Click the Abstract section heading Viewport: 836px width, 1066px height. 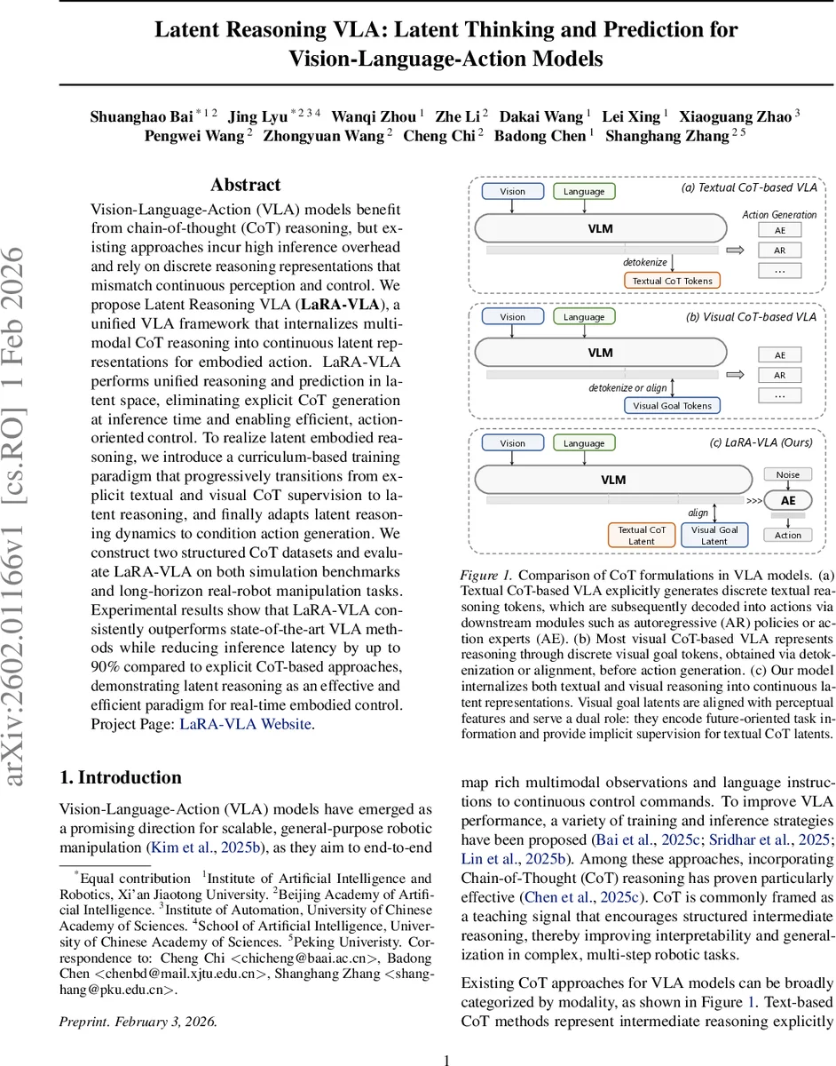pyautogui.click(x=245, y=186)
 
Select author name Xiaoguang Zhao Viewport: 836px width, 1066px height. pyautogui.click(x=735, y=116)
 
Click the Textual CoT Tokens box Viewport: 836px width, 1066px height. pyautogui.click(x=671, y=281)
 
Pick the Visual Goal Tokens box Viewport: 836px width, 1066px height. pyautogui.click(x=671, y=406)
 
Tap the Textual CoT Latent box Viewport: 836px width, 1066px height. pyautogui.click(x=641, y=535)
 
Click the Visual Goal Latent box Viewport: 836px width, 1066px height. pyautogui.click(x=714, y=535)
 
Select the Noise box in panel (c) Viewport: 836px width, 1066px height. pyautogui.click(x=787, y=475)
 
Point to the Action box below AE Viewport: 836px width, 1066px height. pyautogui.click(x=787, y=535)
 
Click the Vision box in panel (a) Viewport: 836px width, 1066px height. pyautogui.click(x=512, y=191)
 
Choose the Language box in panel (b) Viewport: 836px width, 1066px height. pyautogui.click(x=583, y=317)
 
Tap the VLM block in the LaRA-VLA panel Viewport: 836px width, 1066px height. pyautogui.click(x=612, y=480)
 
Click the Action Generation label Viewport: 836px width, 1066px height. pyautogui.click(x=778, y=214)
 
